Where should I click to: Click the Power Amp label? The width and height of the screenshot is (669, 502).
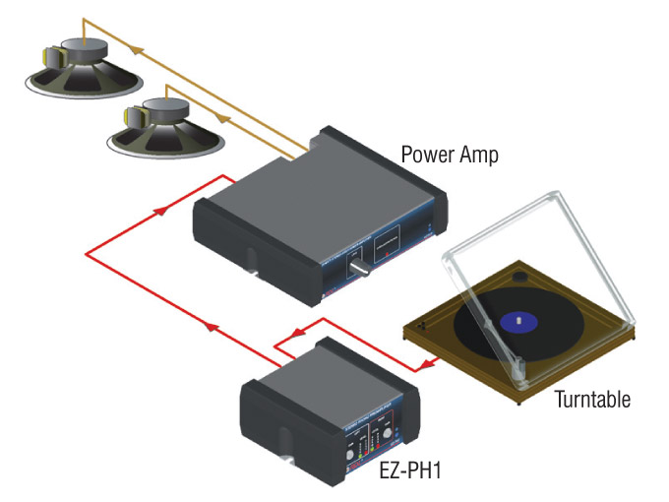[449, 155]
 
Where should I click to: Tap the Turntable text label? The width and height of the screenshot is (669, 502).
[592, 400]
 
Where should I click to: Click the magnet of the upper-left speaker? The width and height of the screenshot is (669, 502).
[85, 50]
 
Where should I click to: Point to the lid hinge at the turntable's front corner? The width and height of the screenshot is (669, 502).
[524, 391]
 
